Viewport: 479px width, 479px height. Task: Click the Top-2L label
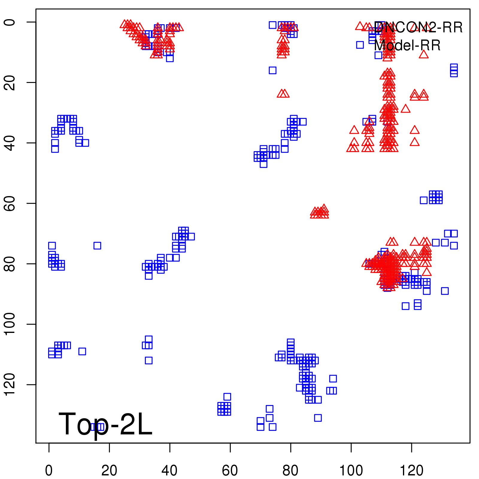105,424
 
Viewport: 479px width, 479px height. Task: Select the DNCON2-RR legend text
418,28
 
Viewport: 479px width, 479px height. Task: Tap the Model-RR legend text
407,46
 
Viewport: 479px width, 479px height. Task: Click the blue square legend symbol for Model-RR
360,45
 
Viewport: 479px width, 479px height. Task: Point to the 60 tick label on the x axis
230,471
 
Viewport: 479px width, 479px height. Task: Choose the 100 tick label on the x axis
351,471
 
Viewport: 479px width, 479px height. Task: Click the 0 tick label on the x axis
49,471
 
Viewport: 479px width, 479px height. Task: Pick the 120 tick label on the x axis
412,471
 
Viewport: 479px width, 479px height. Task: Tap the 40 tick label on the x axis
169,471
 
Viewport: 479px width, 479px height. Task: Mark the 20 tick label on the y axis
10,82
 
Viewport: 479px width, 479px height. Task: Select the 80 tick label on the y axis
10,263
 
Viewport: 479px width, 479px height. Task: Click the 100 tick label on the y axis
10,324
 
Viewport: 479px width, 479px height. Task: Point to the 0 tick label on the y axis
10,22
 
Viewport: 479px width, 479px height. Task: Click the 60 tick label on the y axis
10,203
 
